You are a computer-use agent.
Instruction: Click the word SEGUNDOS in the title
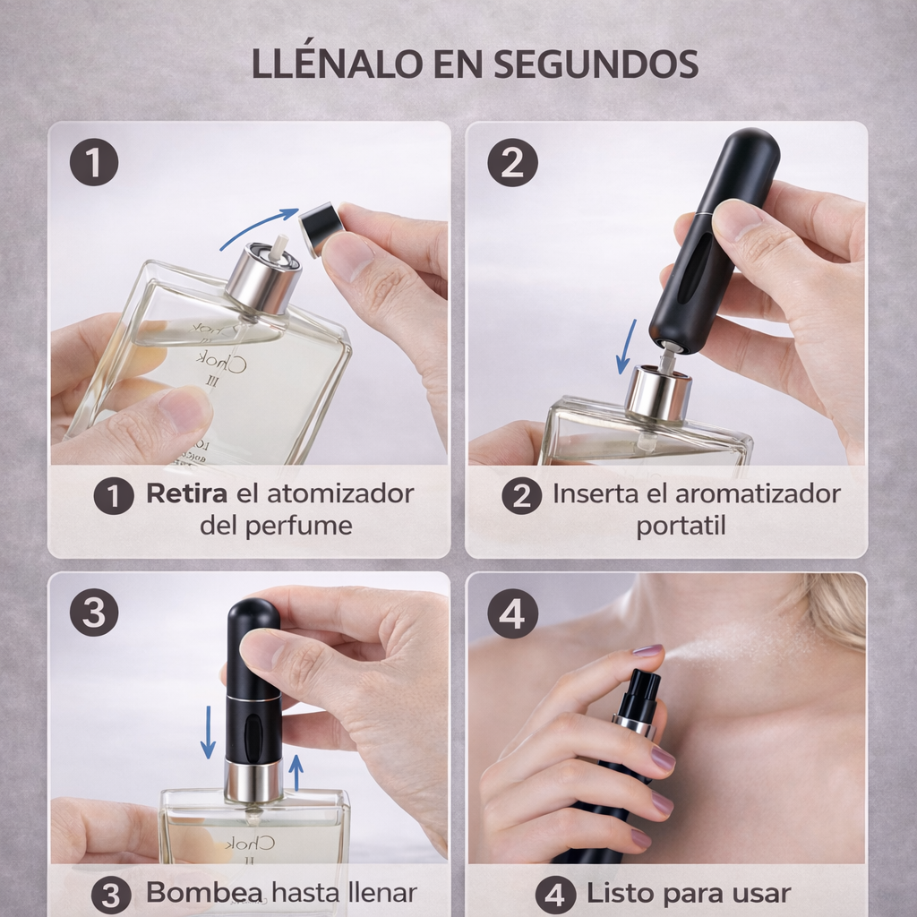(596, 64)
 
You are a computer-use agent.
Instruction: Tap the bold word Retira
(186, 493)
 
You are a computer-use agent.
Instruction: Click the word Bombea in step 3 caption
(204, 893)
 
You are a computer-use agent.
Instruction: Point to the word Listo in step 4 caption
(620, 893)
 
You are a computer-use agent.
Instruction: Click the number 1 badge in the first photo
(93, 162)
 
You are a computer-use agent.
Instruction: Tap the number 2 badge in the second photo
(512, 162)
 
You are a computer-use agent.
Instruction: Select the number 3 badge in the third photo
(93, 613)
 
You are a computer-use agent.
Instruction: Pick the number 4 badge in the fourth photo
(512, 613)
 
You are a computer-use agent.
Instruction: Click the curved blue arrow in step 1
(257, 224)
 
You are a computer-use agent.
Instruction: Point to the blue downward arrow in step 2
(627, 347)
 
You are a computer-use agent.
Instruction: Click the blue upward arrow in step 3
(296, 772)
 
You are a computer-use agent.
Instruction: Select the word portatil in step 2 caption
(681, 525)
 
